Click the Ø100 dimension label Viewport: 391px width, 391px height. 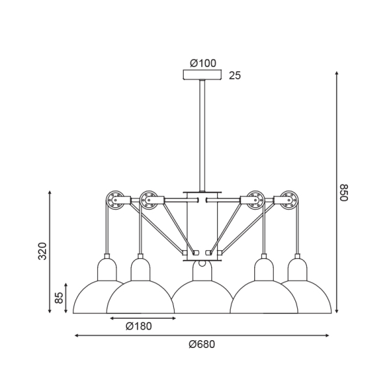tap(203, 63)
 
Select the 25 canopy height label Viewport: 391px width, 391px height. tap(235, 76)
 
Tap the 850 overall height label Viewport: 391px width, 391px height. tap(344, 192)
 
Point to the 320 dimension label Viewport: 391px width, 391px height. tap(42, 251)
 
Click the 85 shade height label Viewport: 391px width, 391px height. tap(59, 298)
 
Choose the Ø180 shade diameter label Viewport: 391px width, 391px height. tap(139, 326)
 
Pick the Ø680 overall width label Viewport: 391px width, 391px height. tap(202, 344)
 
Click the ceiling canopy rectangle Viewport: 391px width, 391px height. tap(202, 75)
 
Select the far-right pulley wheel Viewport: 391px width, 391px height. tap(289, 200)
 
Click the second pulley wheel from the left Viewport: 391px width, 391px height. tap(149, 200)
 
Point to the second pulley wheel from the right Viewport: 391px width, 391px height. tap(255, 200)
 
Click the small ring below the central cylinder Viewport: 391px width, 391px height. tap(202, 263)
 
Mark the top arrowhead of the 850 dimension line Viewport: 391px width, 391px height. tap(337, 73)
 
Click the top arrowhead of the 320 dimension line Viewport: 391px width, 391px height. tap(50, 193)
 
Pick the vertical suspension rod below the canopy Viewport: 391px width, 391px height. tap(202, 136)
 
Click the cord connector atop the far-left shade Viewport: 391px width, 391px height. tap(107, 256)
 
